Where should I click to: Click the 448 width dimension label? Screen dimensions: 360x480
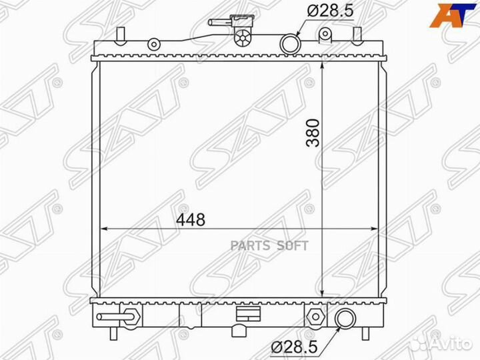click(191, 219)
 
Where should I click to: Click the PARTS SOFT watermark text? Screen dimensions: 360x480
click(269, 246)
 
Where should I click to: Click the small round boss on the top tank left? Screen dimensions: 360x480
click(154, 45)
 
